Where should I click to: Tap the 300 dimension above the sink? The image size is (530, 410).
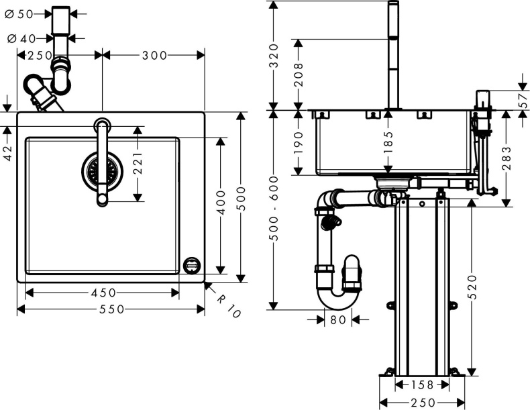pyautogui.click(x=154, y=56)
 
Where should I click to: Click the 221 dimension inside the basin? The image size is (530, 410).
pyautogui.click(x=139, y=163)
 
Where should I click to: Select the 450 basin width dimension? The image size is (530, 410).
pyautogui.click(x=103, y=293)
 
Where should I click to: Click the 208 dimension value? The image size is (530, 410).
pyautogui.click(x=299, y=74)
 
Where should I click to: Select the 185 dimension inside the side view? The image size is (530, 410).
pyautogui.click(x=388, y=143)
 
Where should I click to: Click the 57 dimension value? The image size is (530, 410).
pyautogui.click(x=523, y=99)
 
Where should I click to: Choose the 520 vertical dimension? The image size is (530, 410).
pyautogui.click(x=472, y=287)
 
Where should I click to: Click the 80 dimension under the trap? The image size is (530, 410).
pyautogui.click(x=338, y=320)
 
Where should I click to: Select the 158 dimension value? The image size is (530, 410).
pyautogui.click(x=421, y=385)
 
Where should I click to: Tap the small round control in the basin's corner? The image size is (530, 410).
pyautogui.click(x=191, y=264)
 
